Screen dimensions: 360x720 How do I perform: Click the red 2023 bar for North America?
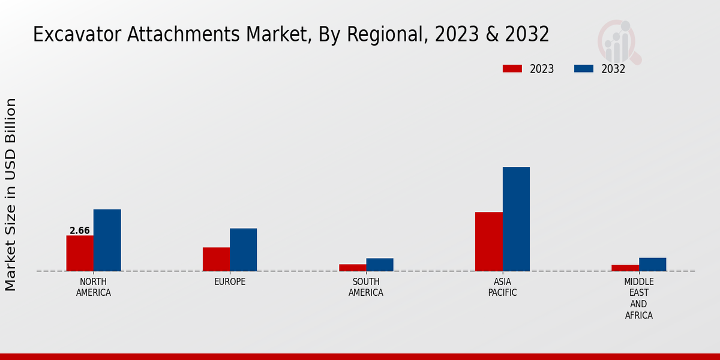coord(80,253)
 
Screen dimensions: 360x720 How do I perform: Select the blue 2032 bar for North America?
coord(107,240)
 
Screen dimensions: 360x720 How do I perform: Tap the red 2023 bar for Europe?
coord(216,259)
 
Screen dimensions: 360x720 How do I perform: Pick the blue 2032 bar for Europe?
coord(243,250)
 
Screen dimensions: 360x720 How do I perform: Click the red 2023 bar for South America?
coord(352,268)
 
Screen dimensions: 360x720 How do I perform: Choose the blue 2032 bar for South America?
coord(380,265)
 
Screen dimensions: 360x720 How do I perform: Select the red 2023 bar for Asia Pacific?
coord(488,241)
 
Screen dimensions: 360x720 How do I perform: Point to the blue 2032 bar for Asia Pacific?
coord(516,219)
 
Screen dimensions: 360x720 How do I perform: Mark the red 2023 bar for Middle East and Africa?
coord(625,268)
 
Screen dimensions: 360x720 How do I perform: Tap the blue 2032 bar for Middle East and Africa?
coord(652,264)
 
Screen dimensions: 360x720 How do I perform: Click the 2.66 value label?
coord(80,230)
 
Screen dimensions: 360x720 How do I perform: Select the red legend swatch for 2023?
coord(512,68)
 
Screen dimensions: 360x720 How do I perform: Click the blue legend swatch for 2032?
coord(584,68)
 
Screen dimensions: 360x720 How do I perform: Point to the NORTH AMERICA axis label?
coord(93,287)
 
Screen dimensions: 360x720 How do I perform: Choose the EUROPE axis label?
coord(230,282)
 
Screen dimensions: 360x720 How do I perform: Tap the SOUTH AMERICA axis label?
coord(366,287)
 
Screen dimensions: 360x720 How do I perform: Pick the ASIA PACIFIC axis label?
coord(502,287)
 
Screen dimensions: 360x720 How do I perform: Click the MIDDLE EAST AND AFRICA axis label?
coord(638,299)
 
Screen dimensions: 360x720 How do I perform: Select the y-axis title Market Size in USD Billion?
coord(11,195)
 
